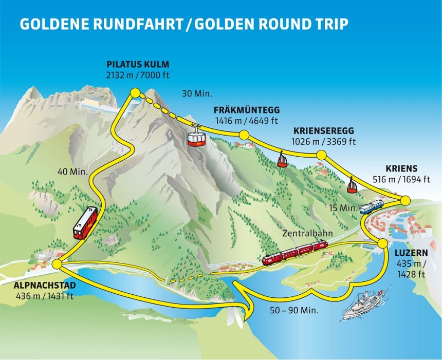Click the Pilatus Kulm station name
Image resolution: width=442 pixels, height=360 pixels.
[x=138, y=64]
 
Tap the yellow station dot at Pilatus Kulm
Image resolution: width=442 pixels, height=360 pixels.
[x=135, y=92]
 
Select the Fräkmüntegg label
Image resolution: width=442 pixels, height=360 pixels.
[x=247, y=110]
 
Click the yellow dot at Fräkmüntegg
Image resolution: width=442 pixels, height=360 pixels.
[x=244, y=135]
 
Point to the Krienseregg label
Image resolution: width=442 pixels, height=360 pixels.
[x=324, y=131]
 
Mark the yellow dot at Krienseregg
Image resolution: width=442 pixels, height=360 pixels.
[x=321, y=155]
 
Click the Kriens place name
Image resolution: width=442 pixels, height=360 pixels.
[x=400, y=169]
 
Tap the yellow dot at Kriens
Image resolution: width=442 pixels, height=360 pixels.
[x=405, y=200]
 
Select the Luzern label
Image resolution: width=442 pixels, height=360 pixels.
[x=411, y=253]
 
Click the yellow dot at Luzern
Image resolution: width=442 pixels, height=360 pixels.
[x=382, y=243]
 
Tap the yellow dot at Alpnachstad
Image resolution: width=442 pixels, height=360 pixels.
[x=57, y=264]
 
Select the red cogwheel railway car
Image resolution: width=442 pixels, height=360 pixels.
[x=85, y=223]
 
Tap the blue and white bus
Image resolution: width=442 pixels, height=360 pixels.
[x=372, y=206]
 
